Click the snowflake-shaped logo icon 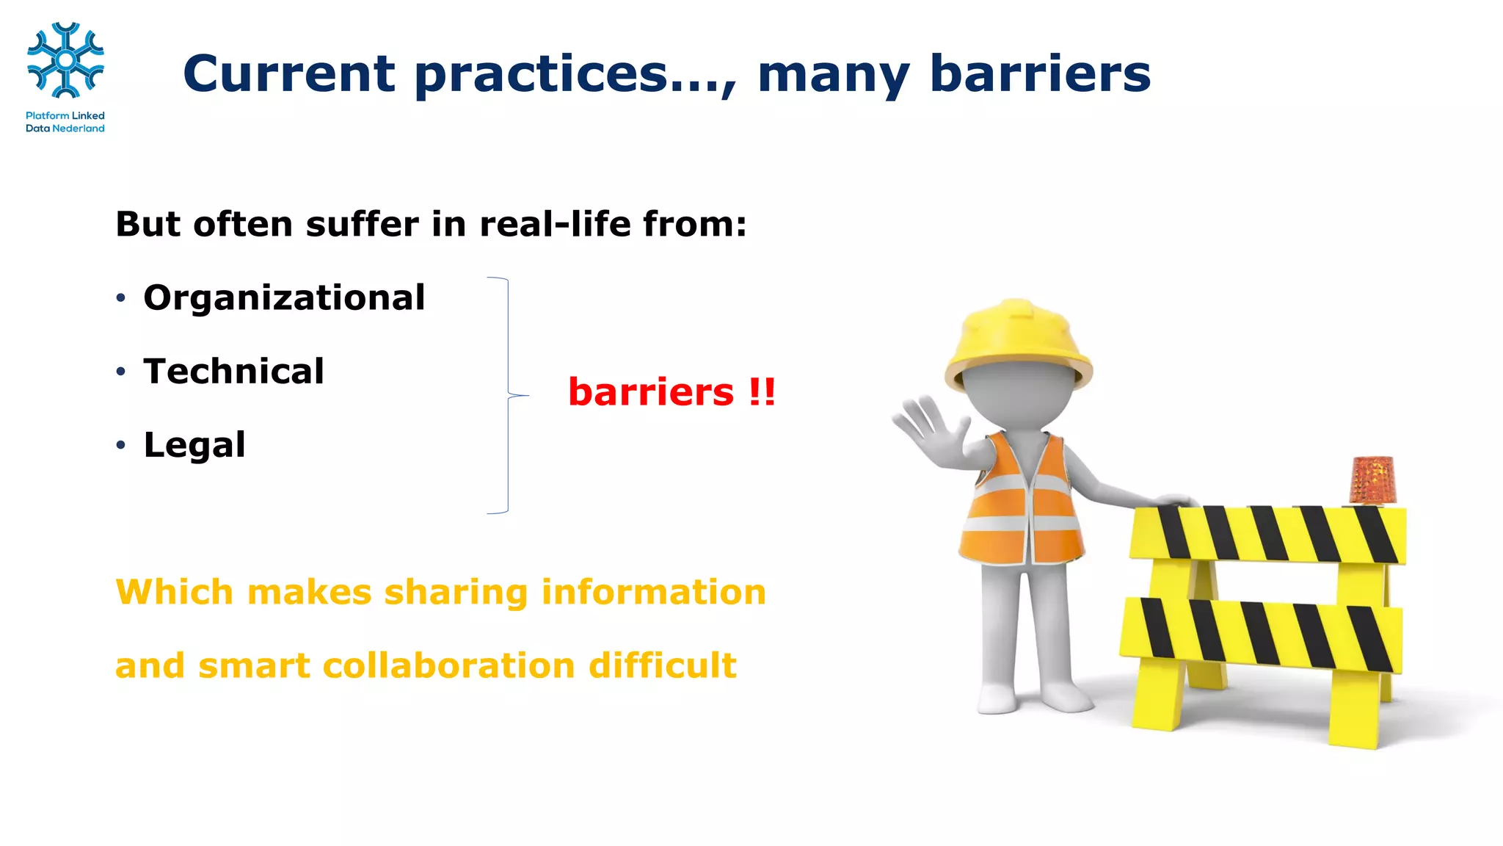65,60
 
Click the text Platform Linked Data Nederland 65,122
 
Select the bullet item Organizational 284,297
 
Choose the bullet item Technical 233,371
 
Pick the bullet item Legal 194,444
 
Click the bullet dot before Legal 121,445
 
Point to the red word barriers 651,391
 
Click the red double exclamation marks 762,391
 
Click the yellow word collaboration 448,665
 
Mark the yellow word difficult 662,665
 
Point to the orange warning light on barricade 1372,480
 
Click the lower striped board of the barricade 1261,636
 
